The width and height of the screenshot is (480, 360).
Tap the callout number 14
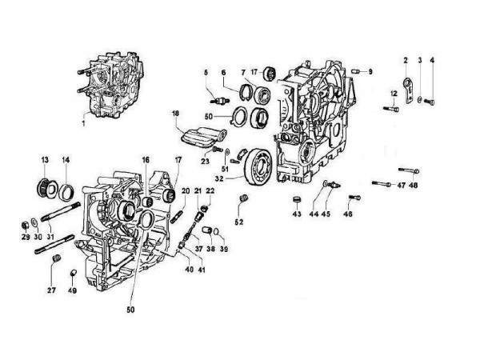[66, 159]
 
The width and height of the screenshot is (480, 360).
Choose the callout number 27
[52, 290]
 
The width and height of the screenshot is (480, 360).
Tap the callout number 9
[371, 72]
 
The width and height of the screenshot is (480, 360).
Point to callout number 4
[433, 60]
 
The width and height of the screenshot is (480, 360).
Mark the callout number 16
[146, 159]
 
